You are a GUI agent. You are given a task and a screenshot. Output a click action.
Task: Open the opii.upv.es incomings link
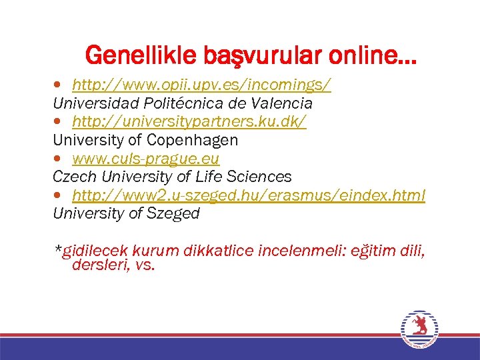point(201,85)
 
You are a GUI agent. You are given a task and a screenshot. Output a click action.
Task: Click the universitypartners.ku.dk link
point(189,122)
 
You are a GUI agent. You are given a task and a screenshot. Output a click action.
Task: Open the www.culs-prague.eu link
point(146,159)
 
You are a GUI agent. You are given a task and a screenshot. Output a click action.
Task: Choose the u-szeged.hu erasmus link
point(248,195)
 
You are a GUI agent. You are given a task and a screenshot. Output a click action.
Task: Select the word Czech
point(73,177)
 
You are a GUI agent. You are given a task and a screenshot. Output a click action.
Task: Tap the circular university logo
point(419,329)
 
